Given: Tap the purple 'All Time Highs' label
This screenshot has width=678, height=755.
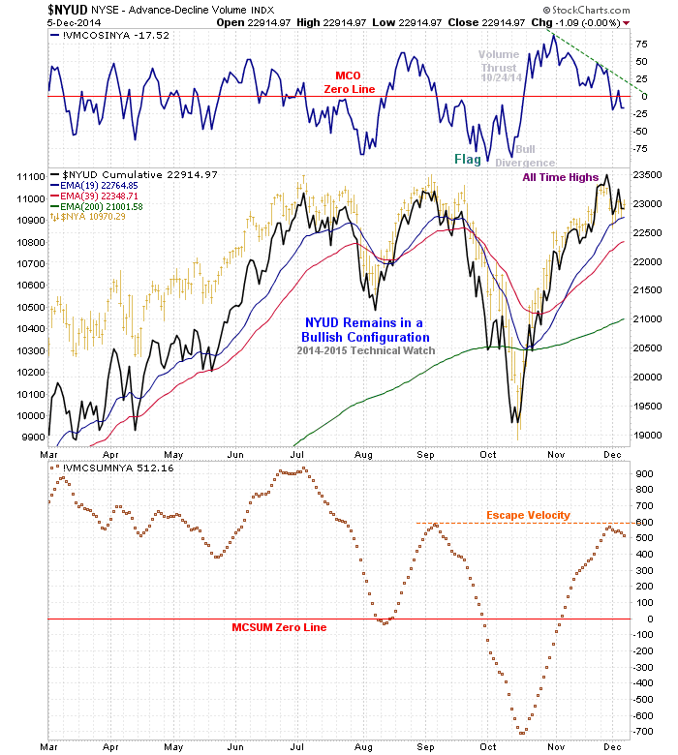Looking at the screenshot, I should (561, 177).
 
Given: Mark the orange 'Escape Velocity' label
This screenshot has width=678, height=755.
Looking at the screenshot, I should (528, 515).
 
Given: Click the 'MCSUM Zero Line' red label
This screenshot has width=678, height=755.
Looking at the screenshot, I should (279, 627).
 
